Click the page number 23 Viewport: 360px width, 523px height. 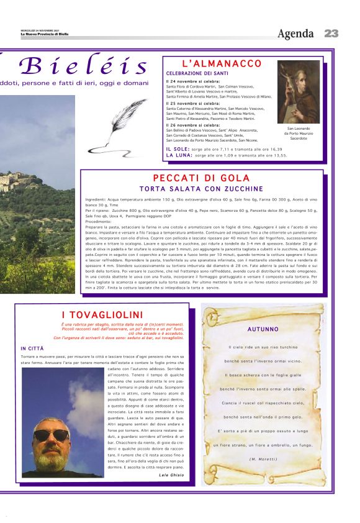(331, 34)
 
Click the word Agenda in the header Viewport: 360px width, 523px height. (295, 34)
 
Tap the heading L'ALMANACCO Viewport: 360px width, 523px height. (222, 64)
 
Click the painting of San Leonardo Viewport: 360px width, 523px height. (299, 91)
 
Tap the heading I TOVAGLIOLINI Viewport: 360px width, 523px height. (102, 315)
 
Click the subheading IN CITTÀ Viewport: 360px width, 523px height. (32, 348)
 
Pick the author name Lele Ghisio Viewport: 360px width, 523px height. (171, 475)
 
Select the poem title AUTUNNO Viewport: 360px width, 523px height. (263, 329)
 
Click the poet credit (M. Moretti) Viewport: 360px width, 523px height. (263, 458)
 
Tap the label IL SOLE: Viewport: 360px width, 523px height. (178, 149)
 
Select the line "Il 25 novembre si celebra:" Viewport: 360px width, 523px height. (193, 103)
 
